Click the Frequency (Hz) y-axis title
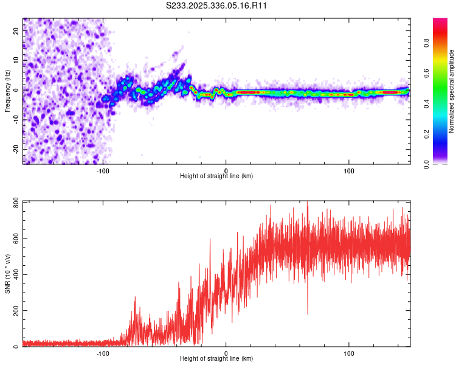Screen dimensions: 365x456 point(7,91)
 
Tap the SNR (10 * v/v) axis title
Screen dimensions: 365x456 point(7,274)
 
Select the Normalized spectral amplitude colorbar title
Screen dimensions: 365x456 point(452,91)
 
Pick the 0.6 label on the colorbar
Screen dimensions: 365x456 point(443,74)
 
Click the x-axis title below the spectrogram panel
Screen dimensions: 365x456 point(216,176)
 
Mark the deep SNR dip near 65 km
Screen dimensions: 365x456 point(307,313)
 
